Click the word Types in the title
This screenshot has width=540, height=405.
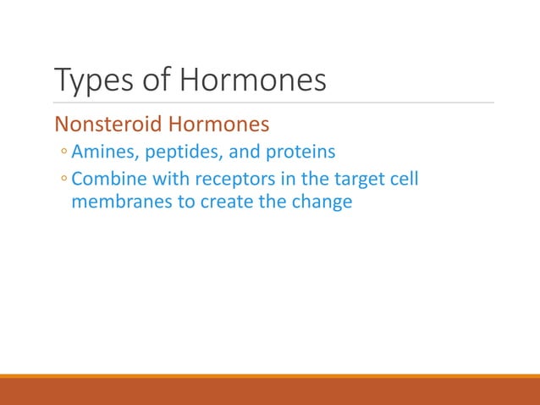click(x=89, y=81)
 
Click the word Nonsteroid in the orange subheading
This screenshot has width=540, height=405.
click(x=108, y=125)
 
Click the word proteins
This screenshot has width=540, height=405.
click(x=300, y=153)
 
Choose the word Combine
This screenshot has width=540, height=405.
click(x=107, y=180)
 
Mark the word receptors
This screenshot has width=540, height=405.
click(x=227, y=180)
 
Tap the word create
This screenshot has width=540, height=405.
click(x=224, y=203)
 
